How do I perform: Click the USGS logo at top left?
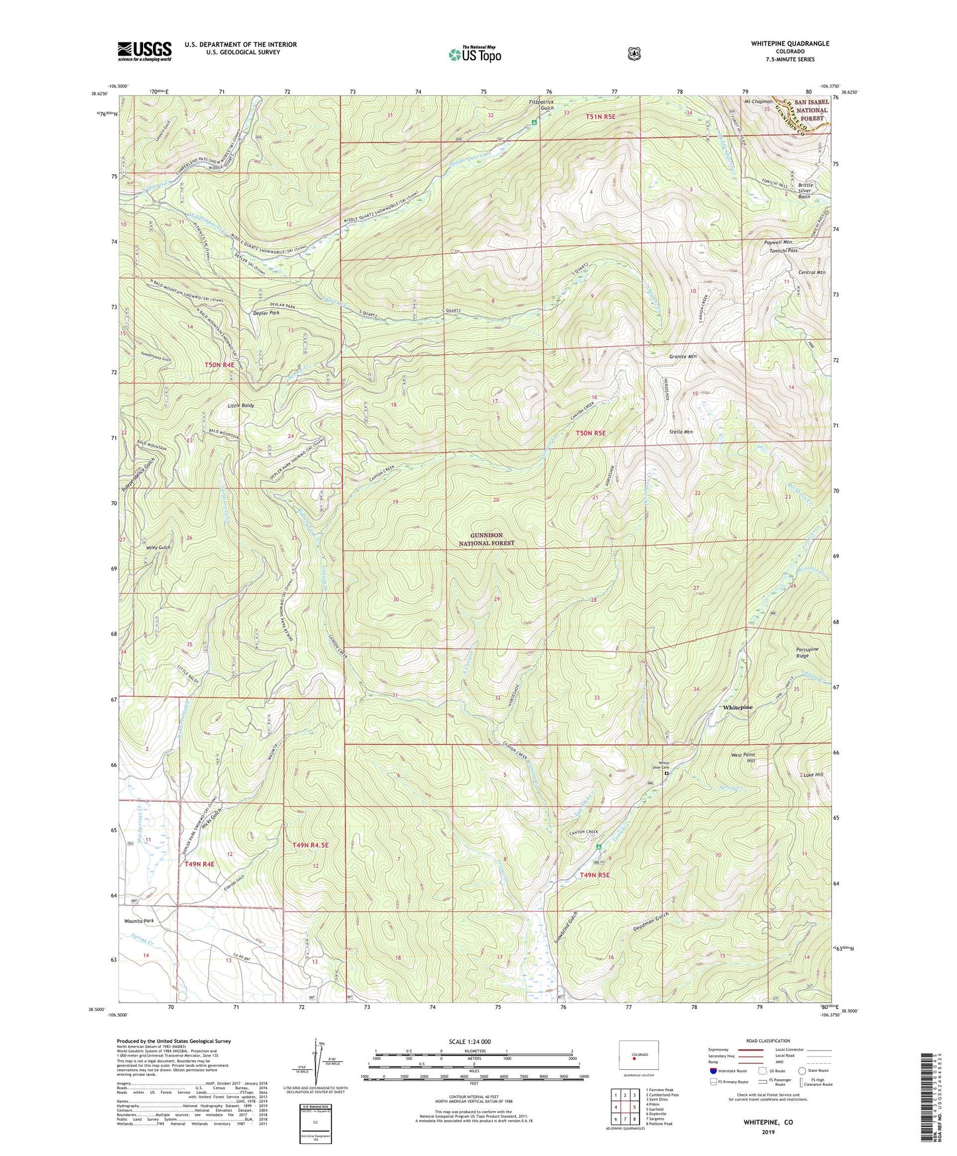click(144, 51)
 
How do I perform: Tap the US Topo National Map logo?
click(474, 54)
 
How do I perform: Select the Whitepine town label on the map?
click(737, 707)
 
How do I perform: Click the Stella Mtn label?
click(680, 432)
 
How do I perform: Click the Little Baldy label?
click(240, 405)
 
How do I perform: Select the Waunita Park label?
click(139, 921)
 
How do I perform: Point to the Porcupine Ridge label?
click(811, 652)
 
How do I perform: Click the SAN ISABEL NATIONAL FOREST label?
click(811, 110)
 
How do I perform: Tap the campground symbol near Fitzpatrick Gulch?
click(534, 122)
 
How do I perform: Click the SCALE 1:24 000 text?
click(470, 1041)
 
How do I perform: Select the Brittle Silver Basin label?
click(805, 191)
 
